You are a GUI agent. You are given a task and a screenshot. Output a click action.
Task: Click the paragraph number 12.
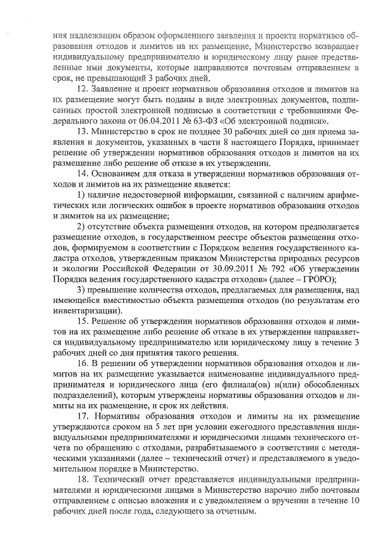tap(78, 90)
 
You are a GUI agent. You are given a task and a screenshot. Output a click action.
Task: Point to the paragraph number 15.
tap(78, 322)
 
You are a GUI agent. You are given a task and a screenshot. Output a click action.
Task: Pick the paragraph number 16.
tap(78, 363)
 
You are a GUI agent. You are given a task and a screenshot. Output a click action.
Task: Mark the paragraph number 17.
tap(78, 415)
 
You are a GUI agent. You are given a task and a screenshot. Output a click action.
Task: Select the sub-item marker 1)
tap(80, 193)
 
